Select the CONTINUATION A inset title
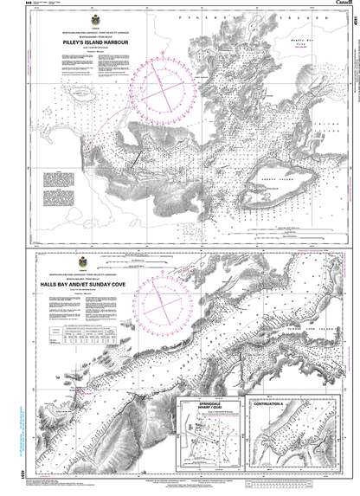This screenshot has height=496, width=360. coord(268,404)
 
